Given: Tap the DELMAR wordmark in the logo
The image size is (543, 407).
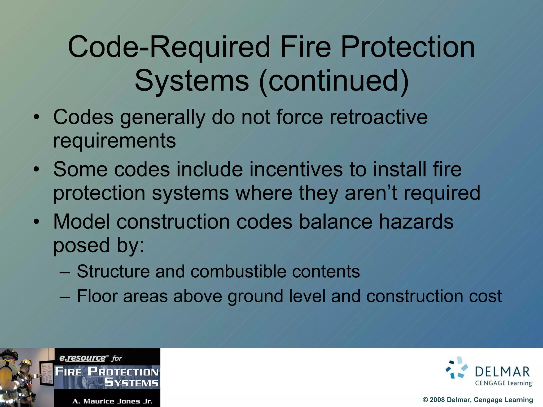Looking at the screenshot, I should [502, 372].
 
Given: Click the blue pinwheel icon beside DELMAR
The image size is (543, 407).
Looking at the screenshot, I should [457, 368].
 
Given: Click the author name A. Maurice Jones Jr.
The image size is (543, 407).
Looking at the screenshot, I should [112, 401].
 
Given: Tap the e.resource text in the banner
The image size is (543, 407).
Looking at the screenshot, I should [82, 358].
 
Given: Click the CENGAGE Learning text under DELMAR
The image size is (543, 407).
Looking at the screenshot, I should [504, 383].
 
